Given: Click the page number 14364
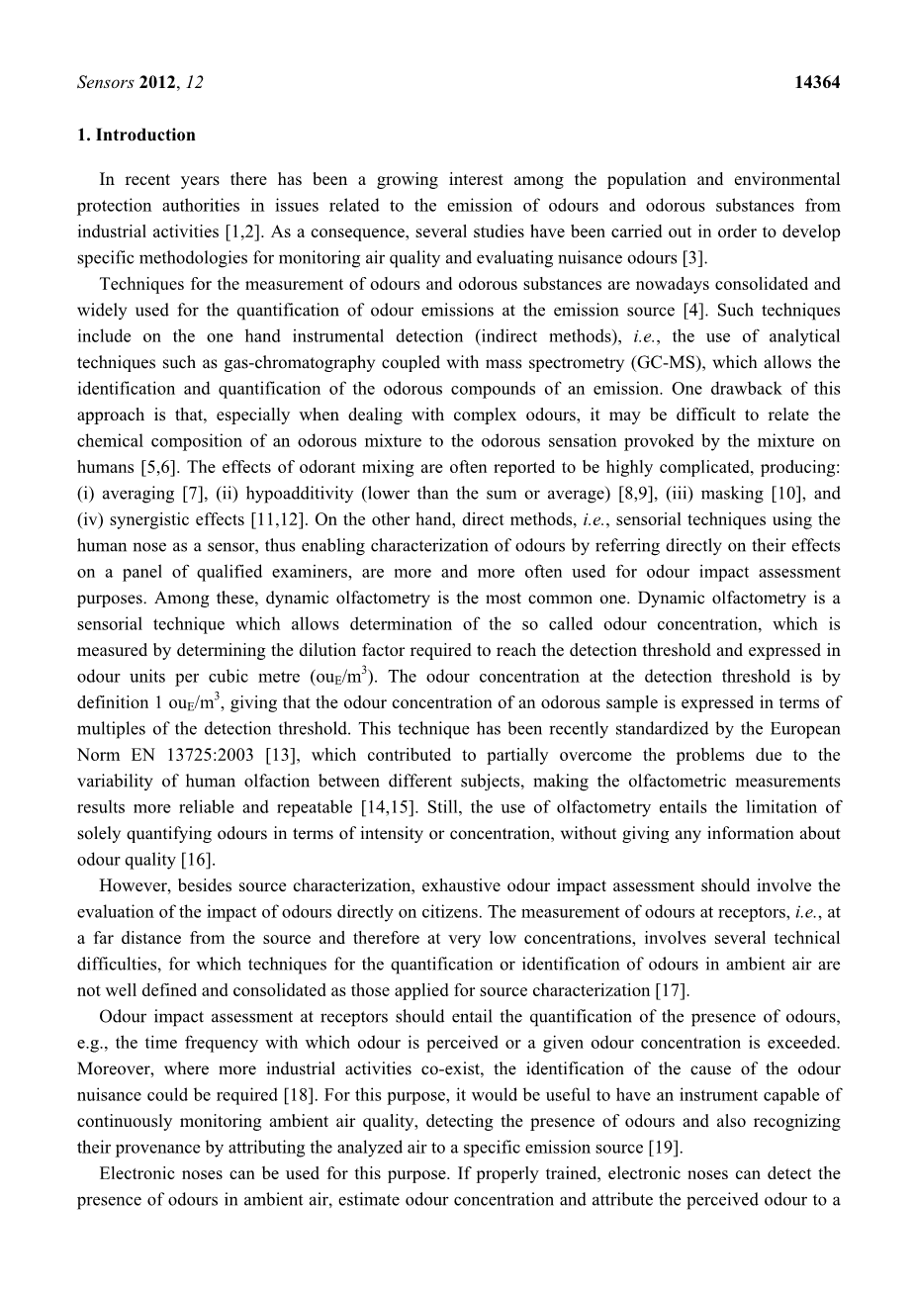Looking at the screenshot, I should (x=816, y=83).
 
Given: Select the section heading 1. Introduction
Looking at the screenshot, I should (x=137, y=136).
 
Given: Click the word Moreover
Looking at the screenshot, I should (x=114, y=1069).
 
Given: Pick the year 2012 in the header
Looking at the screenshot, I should (x=158, y=83).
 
